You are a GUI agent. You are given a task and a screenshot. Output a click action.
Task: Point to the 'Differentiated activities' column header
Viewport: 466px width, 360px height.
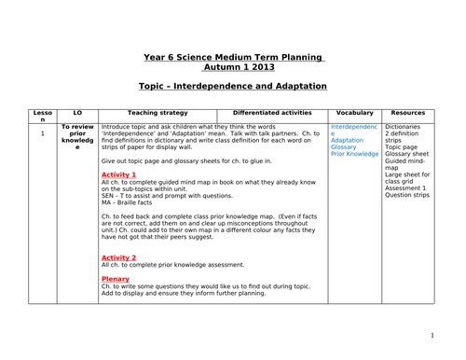tap(271, 112)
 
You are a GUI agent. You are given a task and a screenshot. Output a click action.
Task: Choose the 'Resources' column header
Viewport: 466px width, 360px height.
tap(408, 112)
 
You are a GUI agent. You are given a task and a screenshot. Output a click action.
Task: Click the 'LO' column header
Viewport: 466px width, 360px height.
tap(77, 112)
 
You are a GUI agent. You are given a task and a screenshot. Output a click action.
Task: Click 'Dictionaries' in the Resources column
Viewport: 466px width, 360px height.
tap(405, 126)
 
